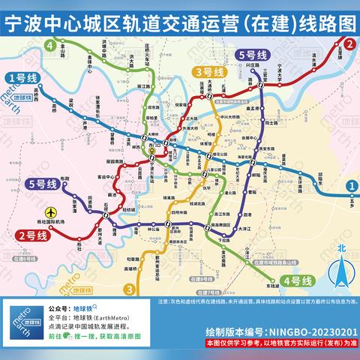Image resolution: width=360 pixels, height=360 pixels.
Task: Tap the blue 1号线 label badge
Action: tap(22, 77)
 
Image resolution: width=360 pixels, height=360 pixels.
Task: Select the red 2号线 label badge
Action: tap(29, 235)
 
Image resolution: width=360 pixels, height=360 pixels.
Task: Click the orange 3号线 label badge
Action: tap(205, 72)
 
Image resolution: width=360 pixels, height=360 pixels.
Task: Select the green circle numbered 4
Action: tap(50, 46)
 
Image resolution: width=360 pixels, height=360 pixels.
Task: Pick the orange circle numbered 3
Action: tap(129, 289)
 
